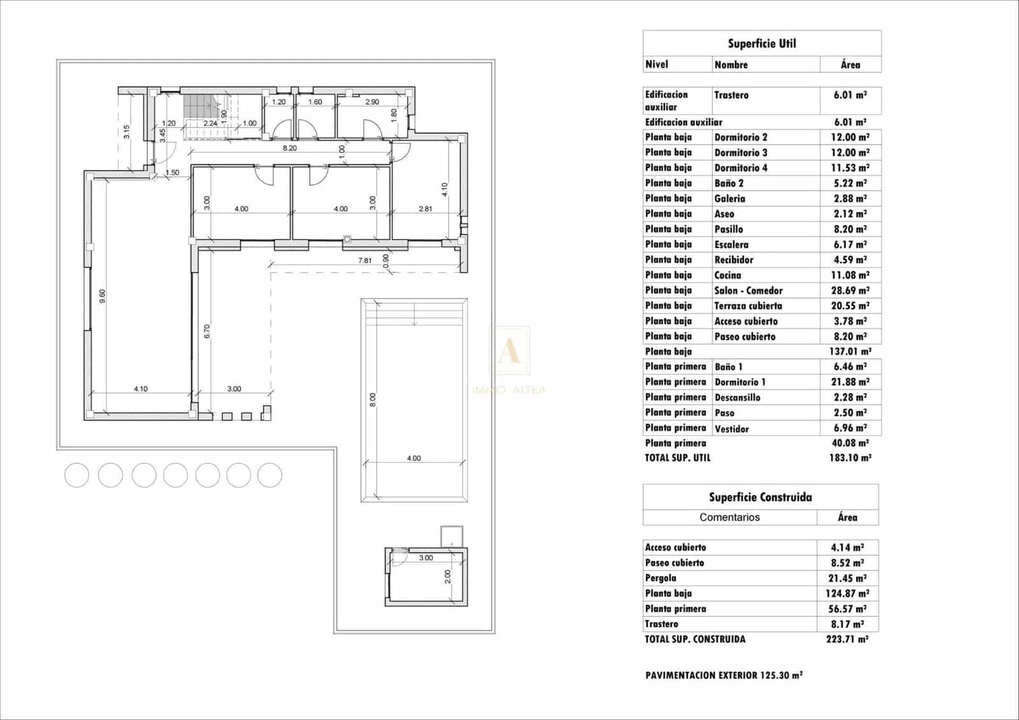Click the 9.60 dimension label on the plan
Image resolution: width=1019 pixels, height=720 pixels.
pyautogui.click(x=102, y=296)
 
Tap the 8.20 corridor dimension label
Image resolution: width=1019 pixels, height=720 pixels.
pyautogui.click(x=290, y=148)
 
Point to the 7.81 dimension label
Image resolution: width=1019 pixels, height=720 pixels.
pyautogui.click(x=365, y=260)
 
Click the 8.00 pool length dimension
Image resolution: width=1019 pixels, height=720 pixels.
pyautogui.click(x=373, y=400)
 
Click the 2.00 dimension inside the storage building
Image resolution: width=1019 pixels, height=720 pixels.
pyautogui.click(x=447, y=576)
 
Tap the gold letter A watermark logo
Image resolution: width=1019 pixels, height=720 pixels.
pyautogui.click(x=509, y=351)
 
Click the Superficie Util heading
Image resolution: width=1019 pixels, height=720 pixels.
pyautogui.click(x=762, y=43)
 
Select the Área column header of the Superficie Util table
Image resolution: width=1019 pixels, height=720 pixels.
pyautogui.click(x=850, y=64)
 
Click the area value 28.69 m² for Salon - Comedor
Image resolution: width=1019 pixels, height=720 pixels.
pyautogui.click(x=850, y=291)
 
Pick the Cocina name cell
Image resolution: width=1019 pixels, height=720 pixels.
pyautogui.click(x=728, y=275)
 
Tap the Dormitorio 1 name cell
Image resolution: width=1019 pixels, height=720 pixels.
pyautogui.click(x=740, y=382)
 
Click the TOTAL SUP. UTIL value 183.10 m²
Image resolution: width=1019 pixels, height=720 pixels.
pyautogui.click(x=850, y=457)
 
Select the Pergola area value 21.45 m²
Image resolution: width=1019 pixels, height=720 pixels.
pyautogui.click(x=847, y=578)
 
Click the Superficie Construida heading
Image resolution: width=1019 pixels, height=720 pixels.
pyautogui.click(x=760, y=497)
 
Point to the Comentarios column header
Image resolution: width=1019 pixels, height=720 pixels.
pyautogui.click(x=729, y=517)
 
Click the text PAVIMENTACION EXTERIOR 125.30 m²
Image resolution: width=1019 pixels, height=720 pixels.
pyautogui.click(x=723, y=675)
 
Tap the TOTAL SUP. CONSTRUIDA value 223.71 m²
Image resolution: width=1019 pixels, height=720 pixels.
pyautogui.click(x=847, y=639)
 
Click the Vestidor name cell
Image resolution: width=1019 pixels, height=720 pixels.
pyautogui.click(x=732, y=429)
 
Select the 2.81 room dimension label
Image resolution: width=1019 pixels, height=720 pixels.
pyautogui.click(x=425, y=208)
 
